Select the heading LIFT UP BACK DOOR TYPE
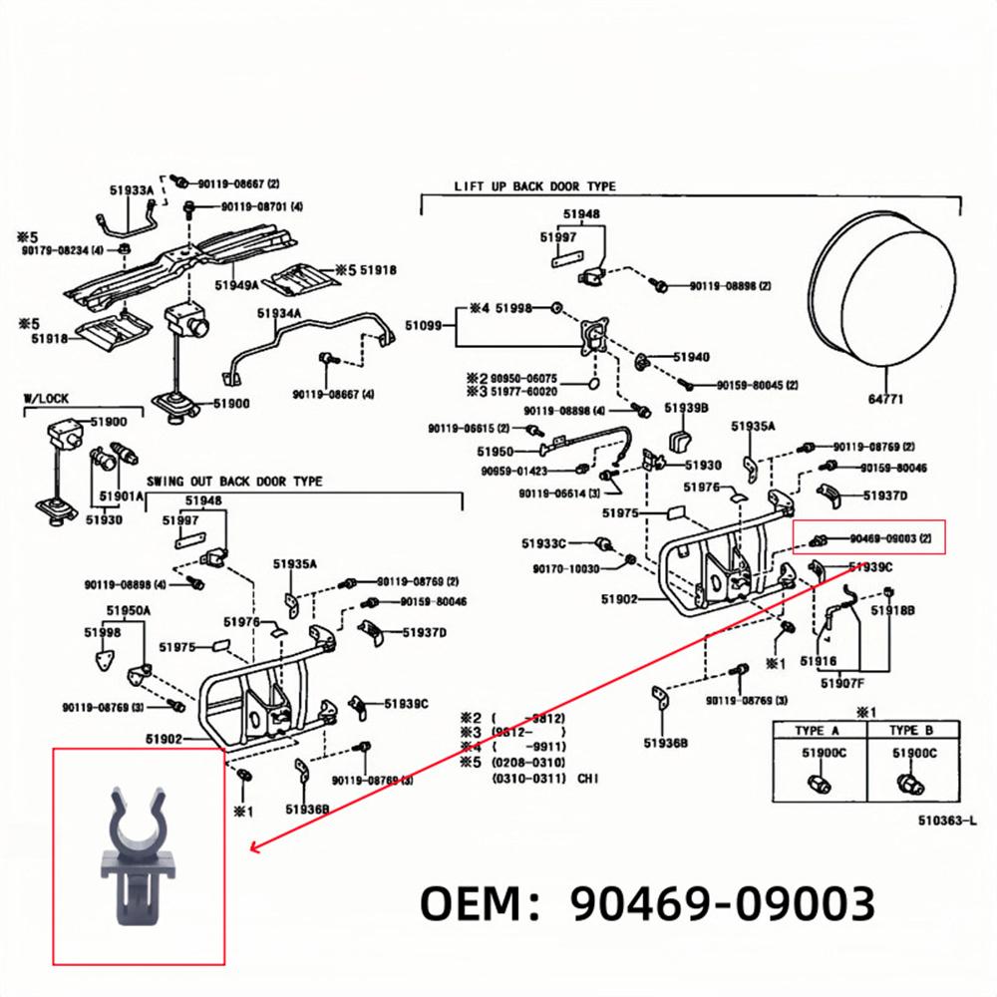coord(534,186)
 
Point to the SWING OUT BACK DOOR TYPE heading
coord(234,482)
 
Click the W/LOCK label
coord(46,399)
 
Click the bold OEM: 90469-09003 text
coord(647,904)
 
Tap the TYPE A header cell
coord(824,731)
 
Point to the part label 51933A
coord(131,189)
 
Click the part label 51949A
coord(236,284)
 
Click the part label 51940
coord(691,357)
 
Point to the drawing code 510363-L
coord(948,822)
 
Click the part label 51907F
coord(842,683)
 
